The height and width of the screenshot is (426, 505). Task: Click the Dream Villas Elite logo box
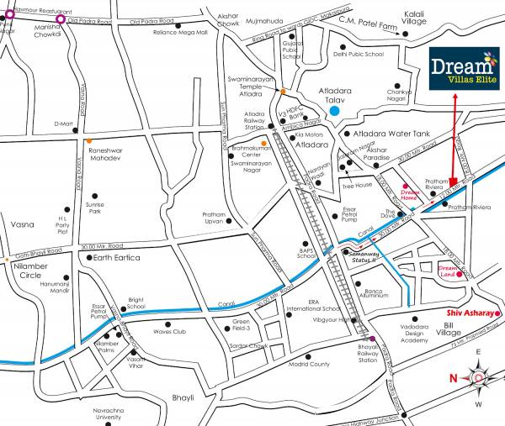pyautogui.click(x=463, y=70)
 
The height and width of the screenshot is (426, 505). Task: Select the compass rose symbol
pyautogui.click(x=478, y=378)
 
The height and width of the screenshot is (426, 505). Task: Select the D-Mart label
pyautogui.click(x=64, y=124)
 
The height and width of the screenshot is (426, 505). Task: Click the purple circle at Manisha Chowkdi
pyautogui.click(x=60, y=18)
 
